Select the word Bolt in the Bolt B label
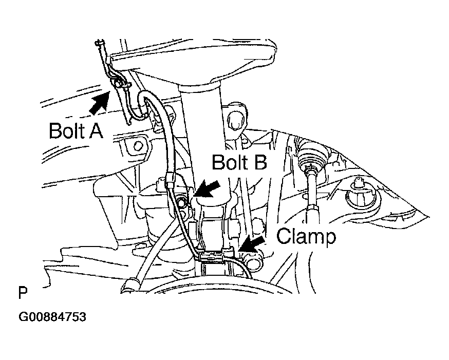point(229,163)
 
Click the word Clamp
point(306,237)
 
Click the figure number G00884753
point(52,317)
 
